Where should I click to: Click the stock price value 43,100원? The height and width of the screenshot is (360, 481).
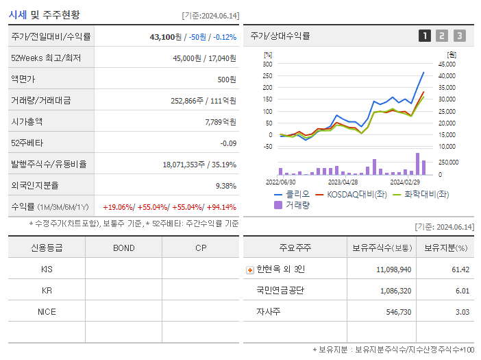point(164,37)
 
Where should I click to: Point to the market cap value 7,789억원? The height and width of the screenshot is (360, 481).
point(220,121)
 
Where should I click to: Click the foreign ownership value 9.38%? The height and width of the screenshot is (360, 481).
point(225,185)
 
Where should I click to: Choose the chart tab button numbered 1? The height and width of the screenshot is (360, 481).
point(425,36)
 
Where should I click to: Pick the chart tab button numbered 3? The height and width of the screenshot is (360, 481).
point(459,36)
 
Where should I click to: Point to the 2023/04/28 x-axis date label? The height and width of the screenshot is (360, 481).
point(343,182)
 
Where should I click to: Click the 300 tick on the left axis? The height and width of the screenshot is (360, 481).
point(267,64)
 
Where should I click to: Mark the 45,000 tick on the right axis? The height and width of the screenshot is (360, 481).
point(447,64)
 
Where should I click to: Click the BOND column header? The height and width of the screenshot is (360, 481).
point(123,248)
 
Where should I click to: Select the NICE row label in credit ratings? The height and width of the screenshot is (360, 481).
point(47,311)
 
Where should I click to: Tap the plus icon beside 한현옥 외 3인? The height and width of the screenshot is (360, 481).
point(249,269)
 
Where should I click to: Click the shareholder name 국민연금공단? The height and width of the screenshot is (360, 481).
point(280,290)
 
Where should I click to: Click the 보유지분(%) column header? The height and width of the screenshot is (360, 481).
point(445,248)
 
